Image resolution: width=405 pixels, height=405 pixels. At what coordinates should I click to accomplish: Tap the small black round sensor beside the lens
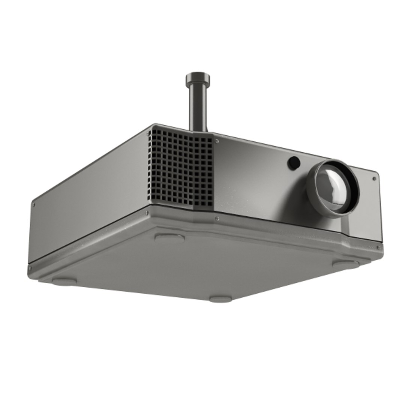(294, 162)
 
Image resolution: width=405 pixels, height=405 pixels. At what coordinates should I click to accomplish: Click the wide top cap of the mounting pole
(198, 78)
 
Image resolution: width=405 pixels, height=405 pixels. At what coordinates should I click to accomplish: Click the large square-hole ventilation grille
(180, 169)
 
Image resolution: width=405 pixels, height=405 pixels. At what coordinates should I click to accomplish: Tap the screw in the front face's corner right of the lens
(374, 179)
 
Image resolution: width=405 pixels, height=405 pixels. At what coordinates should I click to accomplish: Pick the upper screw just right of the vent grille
(217, 141)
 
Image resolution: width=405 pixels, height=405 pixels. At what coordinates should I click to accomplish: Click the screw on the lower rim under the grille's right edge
(217, 218)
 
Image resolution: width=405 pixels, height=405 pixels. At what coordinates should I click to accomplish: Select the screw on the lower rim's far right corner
(378, 247)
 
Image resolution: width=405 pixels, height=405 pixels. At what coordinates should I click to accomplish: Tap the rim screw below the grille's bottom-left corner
(147, 213)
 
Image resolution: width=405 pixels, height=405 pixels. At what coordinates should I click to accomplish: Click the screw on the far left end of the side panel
(34, 205)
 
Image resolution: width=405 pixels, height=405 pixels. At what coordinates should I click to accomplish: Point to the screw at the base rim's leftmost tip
(30, 268)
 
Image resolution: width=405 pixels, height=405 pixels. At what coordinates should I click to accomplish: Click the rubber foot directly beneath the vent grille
(169, 237)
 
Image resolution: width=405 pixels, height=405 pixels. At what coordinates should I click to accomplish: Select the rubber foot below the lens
(345, 264)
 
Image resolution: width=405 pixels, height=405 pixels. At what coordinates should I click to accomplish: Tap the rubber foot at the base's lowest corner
(220, 299)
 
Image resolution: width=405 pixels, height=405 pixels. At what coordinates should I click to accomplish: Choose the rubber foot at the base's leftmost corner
(64, 280)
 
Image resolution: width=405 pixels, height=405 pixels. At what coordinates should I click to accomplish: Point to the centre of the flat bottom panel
(202, 262)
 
